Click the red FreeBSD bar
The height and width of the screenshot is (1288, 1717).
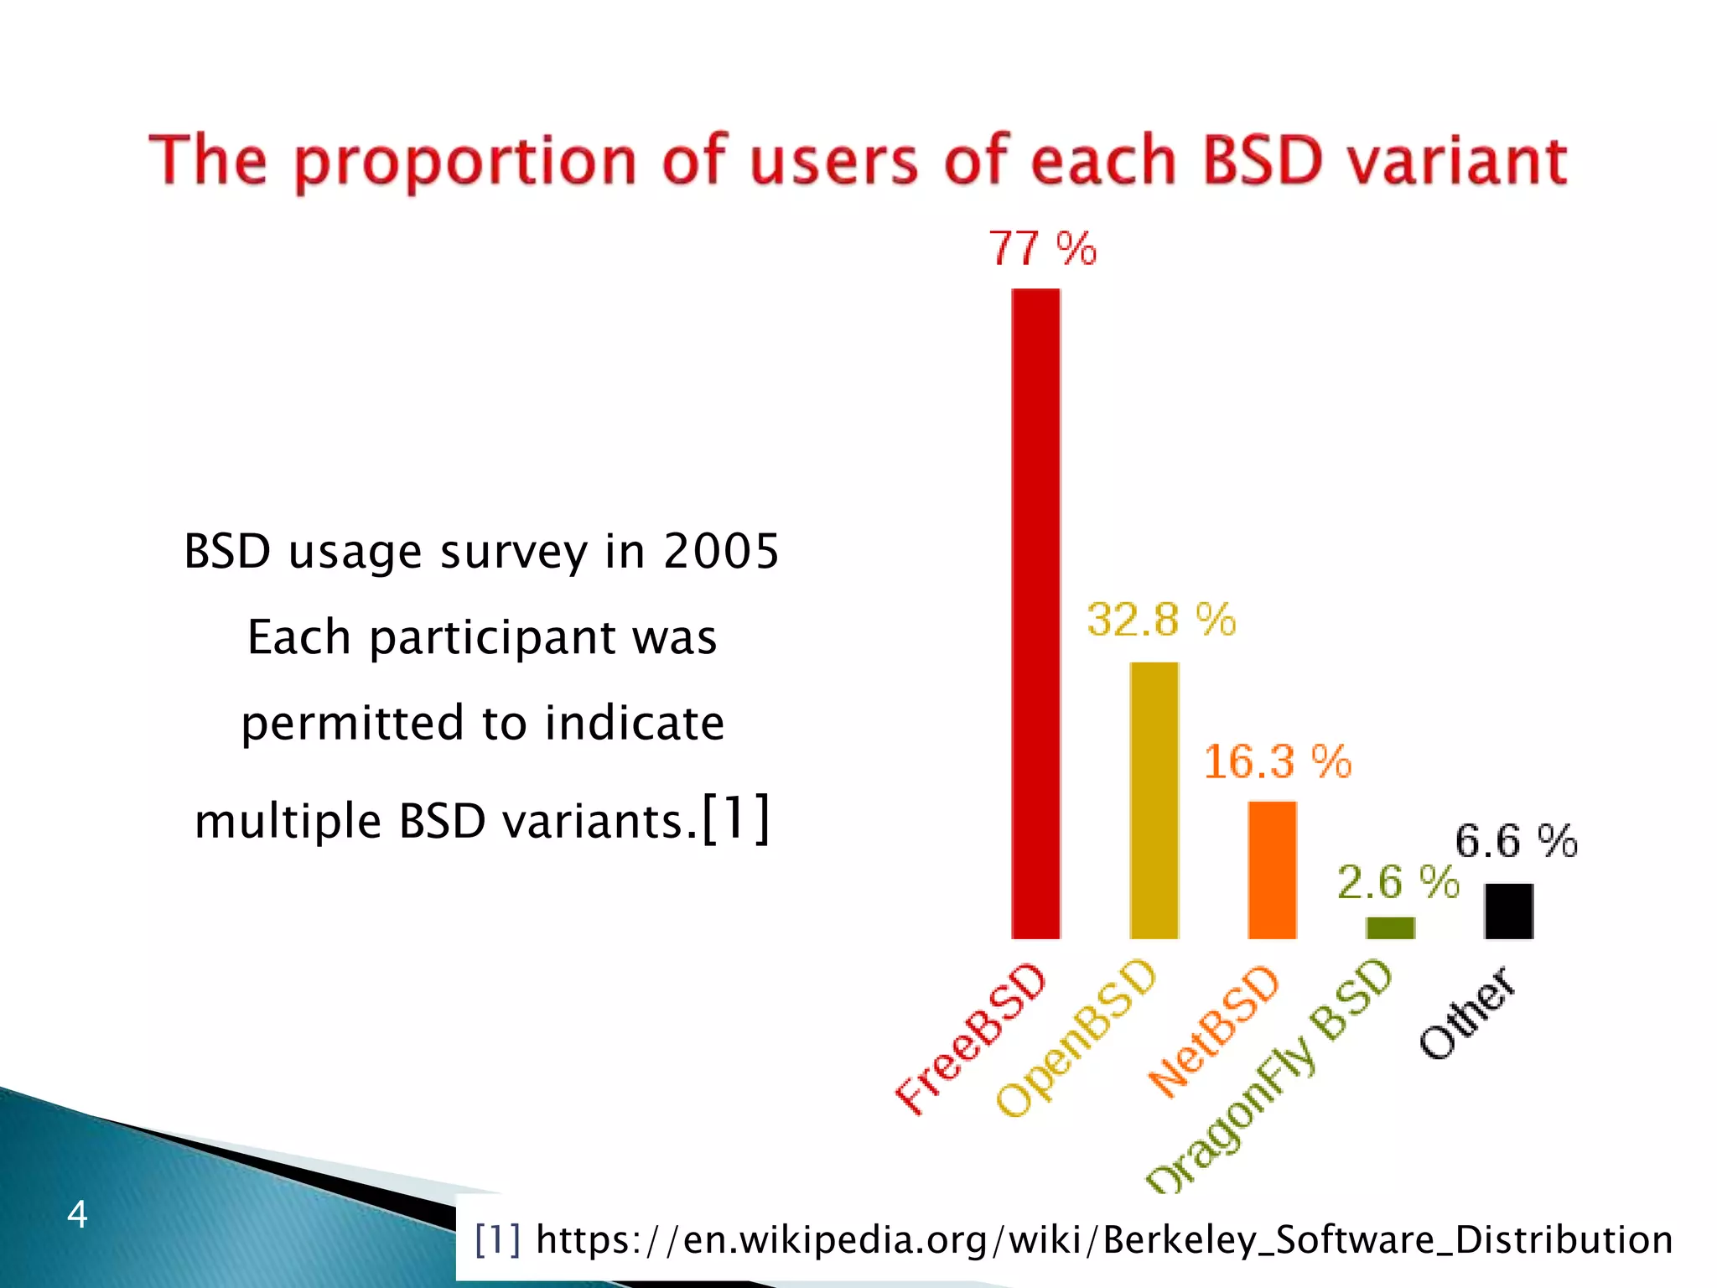pyautogui.click(x=1035, y=612)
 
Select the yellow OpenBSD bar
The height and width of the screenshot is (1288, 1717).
pyautogui.click(x=1154, y=800)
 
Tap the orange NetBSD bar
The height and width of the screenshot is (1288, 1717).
pyautogui.click(x=1272, y=870)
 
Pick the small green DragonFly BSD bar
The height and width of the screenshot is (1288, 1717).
pyautogui.click(x=1390, y=927)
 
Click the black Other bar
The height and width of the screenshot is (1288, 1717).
pyautogui.click(x=1508, y=911)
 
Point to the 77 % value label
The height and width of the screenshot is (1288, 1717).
pyautogui.click(x=1042, y=249)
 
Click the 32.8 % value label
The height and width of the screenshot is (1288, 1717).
pyautogui.click(x=1161, y=621)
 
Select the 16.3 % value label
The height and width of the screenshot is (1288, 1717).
pyautogui.click(x=1278, y=762)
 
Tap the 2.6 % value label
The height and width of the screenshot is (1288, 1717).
pyautogui.click(x=1398, y=882)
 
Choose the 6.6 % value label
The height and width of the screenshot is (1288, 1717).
pyautogui.click(x=1516, y=841)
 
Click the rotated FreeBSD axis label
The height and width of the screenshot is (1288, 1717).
pyautogui.click(x=973, y=1040)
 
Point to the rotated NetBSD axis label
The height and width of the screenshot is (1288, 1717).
pyautogui.click(x=1214, y=1031)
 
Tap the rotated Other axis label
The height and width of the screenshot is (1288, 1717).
pyautogui.click(x=1467, y=1013)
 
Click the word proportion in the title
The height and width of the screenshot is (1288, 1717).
pyautogui.click(x=466, y=163)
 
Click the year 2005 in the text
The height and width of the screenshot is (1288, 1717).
pyautogui.click(x=721, y=552)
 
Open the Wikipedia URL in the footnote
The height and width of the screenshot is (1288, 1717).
pyautogui.click(x=1103, y=1239)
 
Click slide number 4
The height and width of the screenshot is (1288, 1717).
pyautogui.click(x=77, y=1214)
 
